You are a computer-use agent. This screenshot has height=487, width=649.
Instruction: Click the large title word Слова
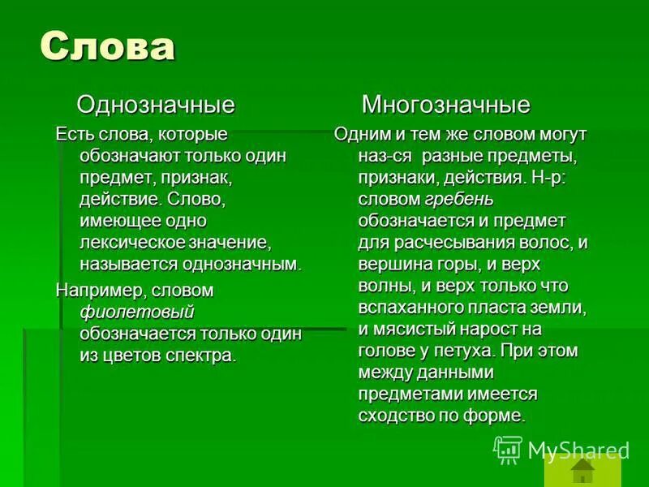(107, 47)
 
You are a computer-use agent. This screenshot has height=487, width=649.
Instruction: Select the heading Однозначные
(155, 105)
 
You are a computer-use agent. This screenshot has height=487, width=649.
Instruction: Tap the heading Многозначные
(445, 105)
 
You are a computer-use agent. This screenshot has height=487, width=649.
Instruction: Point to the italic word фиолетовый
(137, 312)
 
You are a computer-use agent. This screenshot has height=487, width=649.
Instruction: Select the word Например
(92, 290)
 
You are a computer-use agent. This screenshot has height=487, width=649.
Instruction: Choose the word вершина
(394, 265)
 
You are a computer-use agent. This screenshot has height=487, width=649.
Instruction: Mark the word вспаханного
(410, 308)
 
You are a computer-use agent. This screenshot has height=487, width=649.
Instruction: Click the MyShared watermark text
(578, 450)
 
